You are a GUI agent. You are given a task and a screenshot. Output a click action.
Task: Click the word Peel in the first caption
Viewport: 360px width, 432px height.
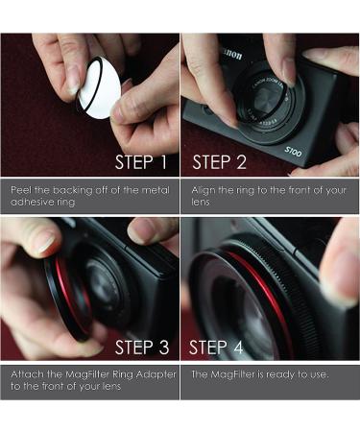pyautogui.click(x=20, y=189)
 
